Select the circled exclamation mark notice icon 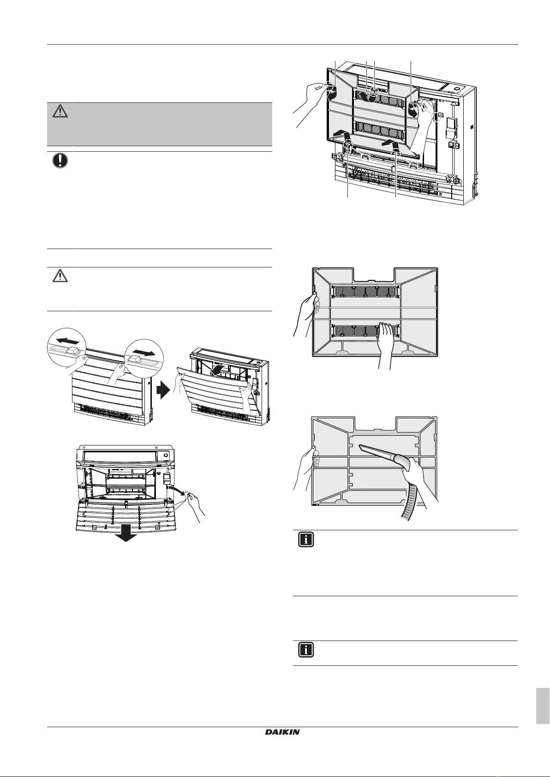(60, 160)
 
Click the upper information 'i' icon (306, 540)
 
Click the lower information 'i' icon (306, 650)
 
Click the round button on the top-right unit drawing (457, 87)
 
